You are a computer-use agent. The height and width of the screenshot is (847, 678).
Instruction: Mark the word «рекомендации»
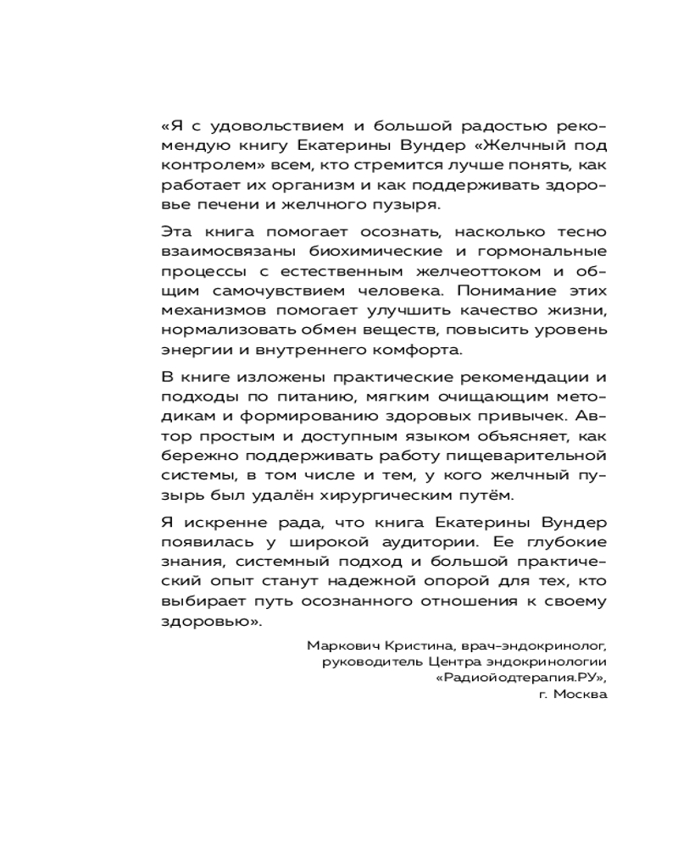pyautogui.click(x=519, y=377)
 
